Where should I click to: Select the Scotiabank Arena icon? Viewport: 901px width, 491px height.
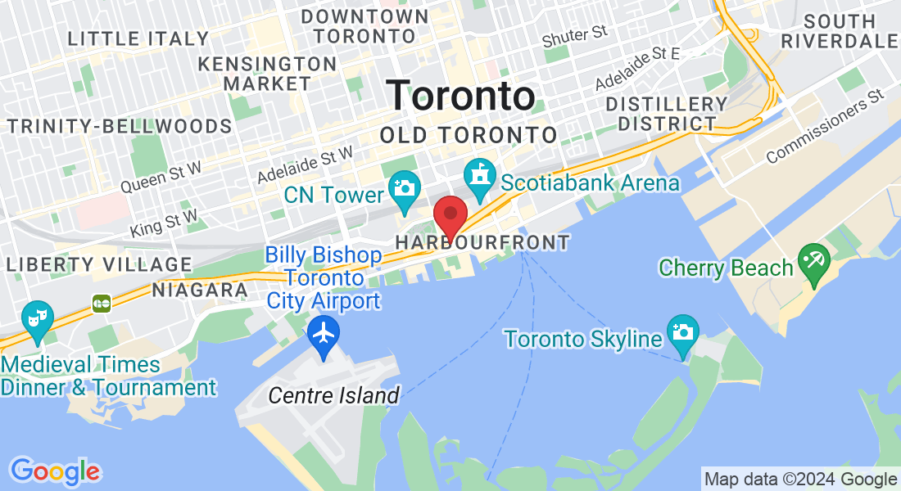click(479, 174)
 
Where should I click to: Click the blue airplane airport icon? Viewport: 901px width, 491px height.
click(324, 334)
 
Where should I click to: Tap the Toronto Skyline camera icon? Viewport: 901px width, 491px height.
click(682, 331)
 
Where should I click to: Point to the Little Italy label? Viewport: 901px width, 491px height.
click(138, 38)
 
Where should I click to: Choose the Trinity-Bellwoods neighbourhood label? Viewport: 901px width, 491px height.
click(120, 126)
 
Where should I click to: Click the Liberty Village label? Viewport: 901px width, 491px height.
click(98, 264)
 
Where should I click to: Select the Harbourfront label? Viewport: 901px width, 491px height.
click(482, 243)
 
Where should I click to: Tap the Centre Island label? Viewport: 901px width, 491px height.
click(334, 396)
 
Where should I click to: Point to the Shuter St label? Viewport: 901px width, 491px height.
click(574, 35)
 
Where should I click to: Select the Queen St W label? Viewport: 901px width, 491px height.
click(161, 178)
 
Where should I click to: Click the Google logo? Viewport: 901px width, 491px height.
click(55, 471)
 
